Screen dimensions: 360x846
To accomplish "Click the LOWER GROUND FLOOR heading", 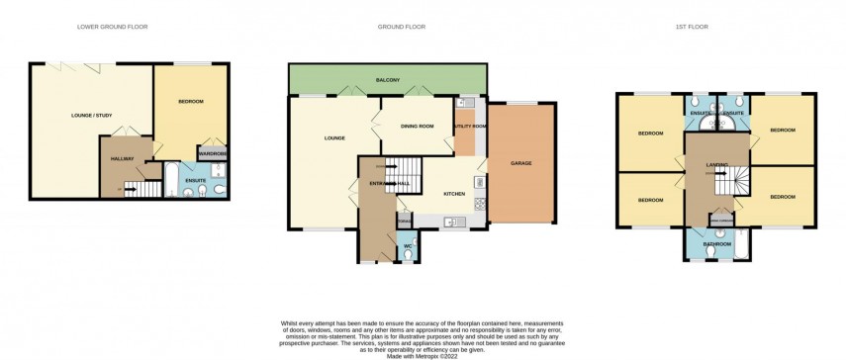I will [x=112, y=27].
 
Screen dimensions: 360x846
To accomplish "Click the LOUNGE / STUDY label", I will [x=92, y=116].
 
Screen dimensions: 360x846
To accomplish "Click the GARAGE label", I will [x=522, y=162].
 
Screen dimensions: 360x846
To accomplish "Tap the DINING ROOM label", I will [x=417, y=126].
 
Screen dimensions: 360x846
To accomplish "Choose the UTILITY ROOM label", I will [x=470, y=127].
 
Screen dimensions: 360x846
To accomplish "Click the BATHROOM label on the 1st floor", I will [x=716, y=243].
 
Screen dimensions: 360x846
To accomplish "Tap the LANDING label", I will [x=717, y=164].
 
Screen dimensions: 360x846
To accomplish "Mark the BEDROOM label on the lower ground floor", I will [x=191, y=102].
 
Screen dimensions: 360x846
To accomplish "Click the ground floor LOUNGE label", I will [x=333, y=137].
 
